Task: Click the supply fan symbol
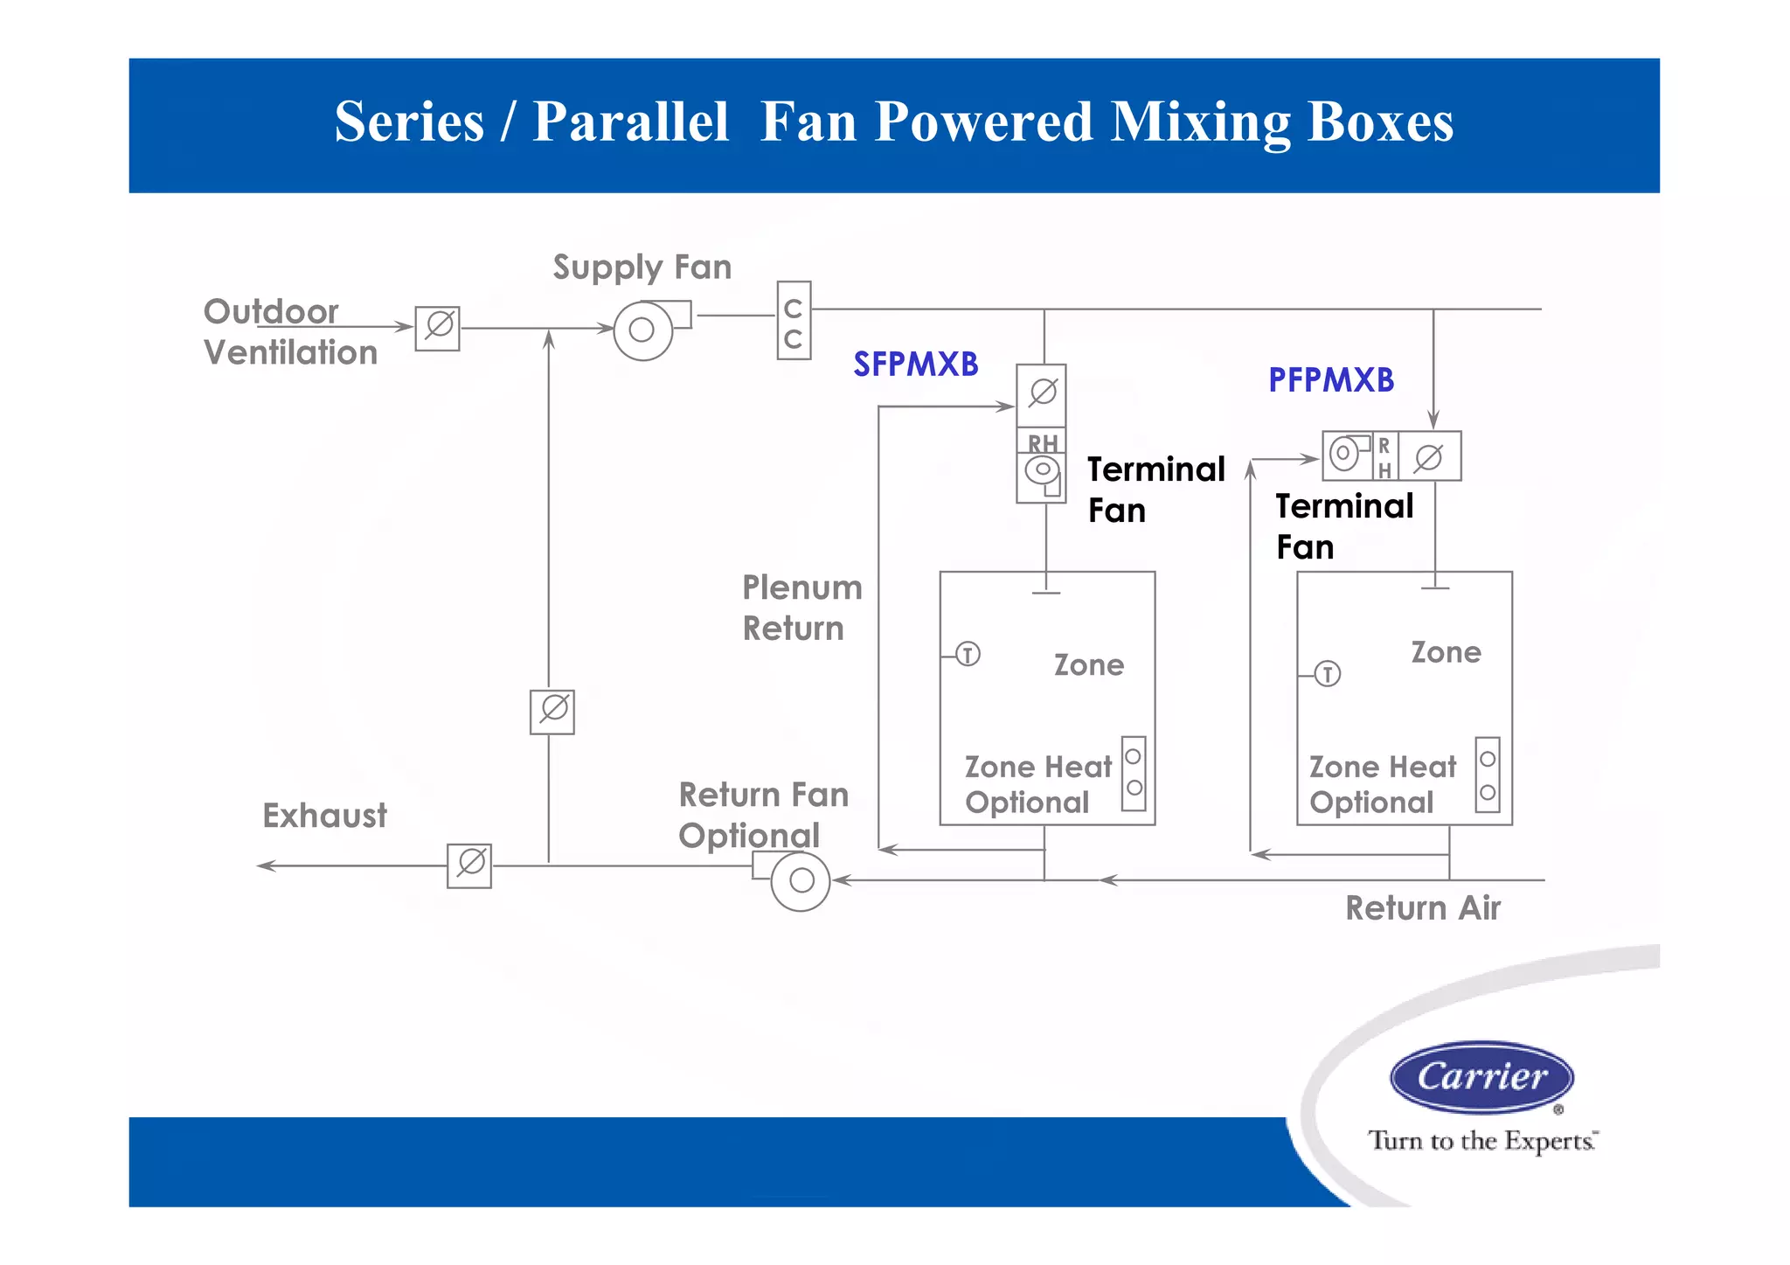(x=643, y=330)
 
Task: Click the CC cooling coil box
(x=794, y=321)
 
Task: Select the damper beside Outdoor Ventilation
(x=438, y=328)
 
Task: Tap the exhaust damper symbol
(x=469, y=865)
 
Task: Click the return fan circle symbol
(x=801, y=881)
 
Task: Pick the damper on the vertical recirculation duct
(x=552, y=711)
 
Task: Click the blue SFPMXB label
(x=915, y=365)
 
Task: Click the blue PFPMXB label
(x=1330, y=380)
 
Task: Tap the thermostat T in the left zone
(x=968, y=654)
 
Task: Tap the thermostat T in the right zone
(x=1328, y=674)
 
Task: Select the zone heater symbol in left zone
(x=1134, y=773)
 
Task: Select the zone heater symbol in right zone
(x=1488, y=775)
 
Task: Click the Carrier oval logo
(x=1481, y=1077)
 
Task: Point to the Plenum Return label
(x=801, y=608)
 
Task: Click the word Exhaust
(x=324, y=816)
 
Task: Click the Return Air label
(x=1422, y=908)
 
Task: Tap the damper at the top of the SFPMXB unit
(x=1042, y=394)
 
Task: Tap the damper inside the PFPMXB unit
(x=1429, y=456)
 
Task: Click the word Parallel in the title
(x=630, y=122)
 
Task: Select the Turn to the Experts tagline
(x=1481, y=1141)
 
